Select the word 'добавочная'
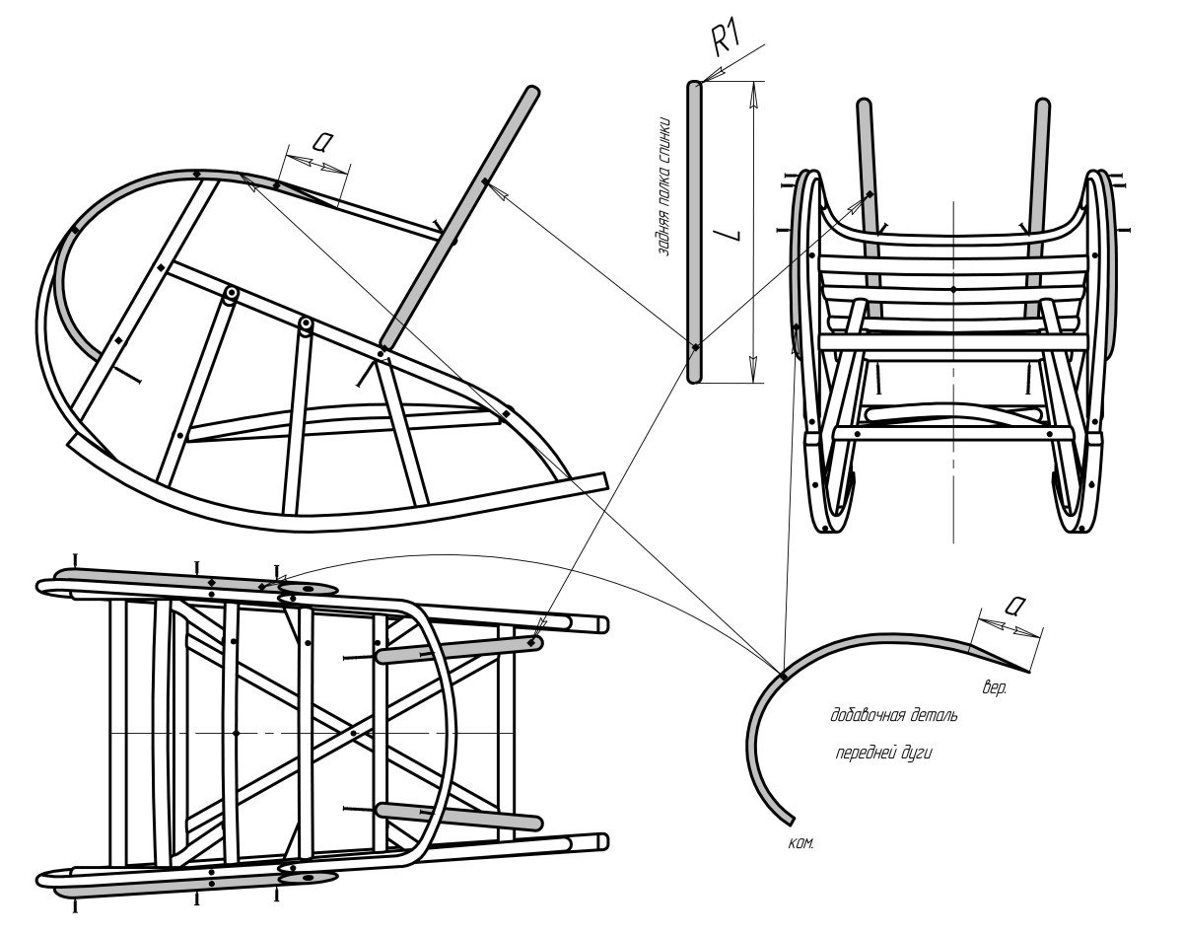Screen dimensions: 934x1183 click(x=867, y=715)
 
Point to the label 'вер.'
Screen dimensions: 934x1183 click(x=994, y=686)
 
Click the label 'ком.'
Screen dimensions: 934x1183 click(x=800, y=844)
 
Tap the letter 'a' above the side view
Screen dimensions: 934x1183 click(x=320, y=141)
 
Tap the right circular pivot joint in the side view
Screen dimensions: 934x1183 click(x=306, y=323)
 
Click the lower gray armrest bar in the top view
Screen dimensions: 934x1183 click(x=458, y=816)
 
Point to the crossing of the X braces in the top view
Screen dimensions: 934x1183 click(x=354, y=733)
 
